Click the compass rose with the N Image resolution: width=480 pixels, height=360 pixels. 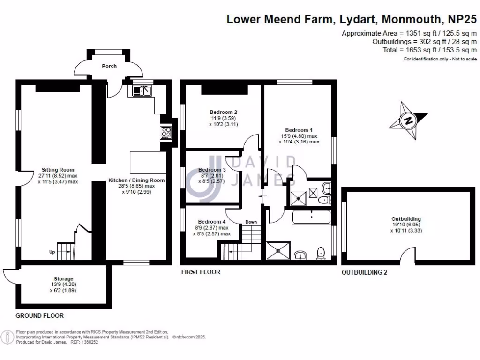(408, 121)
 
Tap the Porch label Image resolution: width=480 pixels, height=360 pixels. (109, 66)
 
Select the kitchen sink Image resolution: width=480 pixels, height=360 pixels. (140, 90)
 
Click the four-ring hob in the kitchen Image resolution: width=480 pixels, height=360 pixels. (166, 133)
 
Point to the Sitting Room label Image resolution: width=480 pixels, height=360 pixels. (58, 170)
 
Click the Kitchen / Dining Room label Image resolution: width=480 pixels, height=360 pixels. (136, 180)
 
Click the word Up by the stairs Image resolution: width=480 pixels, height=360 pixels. (52, 252)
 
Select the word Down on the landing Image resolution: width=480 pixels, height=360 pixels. (251, 222)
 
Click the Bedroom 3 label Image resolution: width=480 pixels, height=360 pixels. (212, 170)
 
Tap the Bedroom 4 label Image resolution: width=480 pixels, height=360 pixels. (211, 222)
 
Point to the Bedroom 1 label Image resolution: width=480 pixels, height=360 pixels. (299, 130)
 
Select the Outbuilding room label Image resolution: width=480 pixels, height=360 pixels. (406, 219)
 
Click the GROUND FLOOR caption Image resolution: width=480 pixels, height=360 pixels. (40, 315)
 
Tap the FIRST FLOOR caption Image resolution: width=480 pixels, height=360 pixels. (201, 272)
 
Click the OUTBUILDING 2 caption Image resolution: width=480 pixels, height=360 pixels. (364, 272)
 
